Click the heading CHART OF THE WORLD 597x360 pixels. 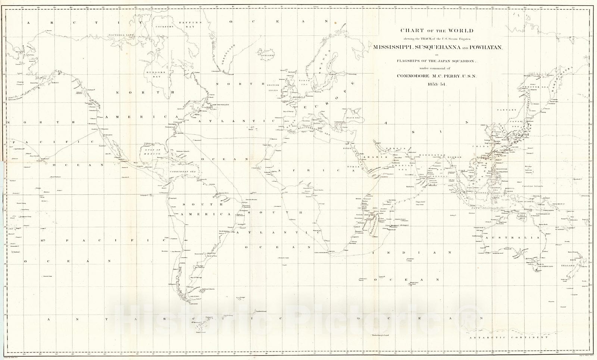(x=437, y=30)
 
